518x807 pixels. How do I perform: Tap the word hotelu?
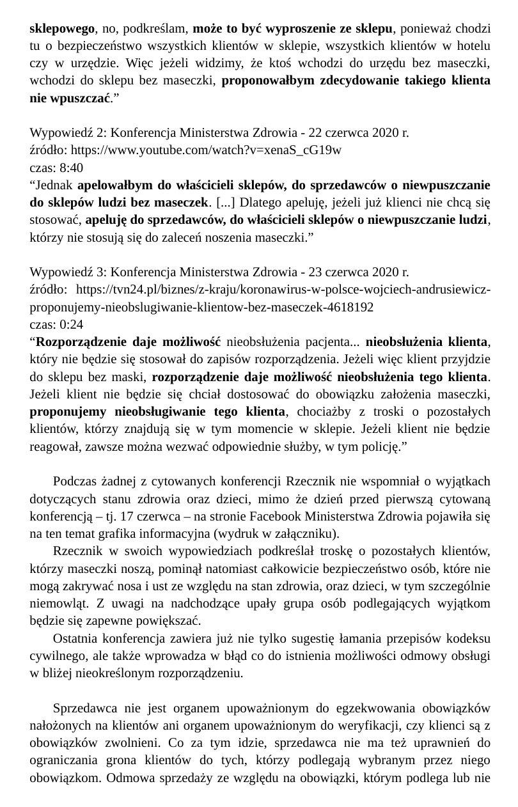(473, 46)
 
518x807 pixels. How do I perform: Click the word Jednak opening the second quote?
(55, 186)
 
